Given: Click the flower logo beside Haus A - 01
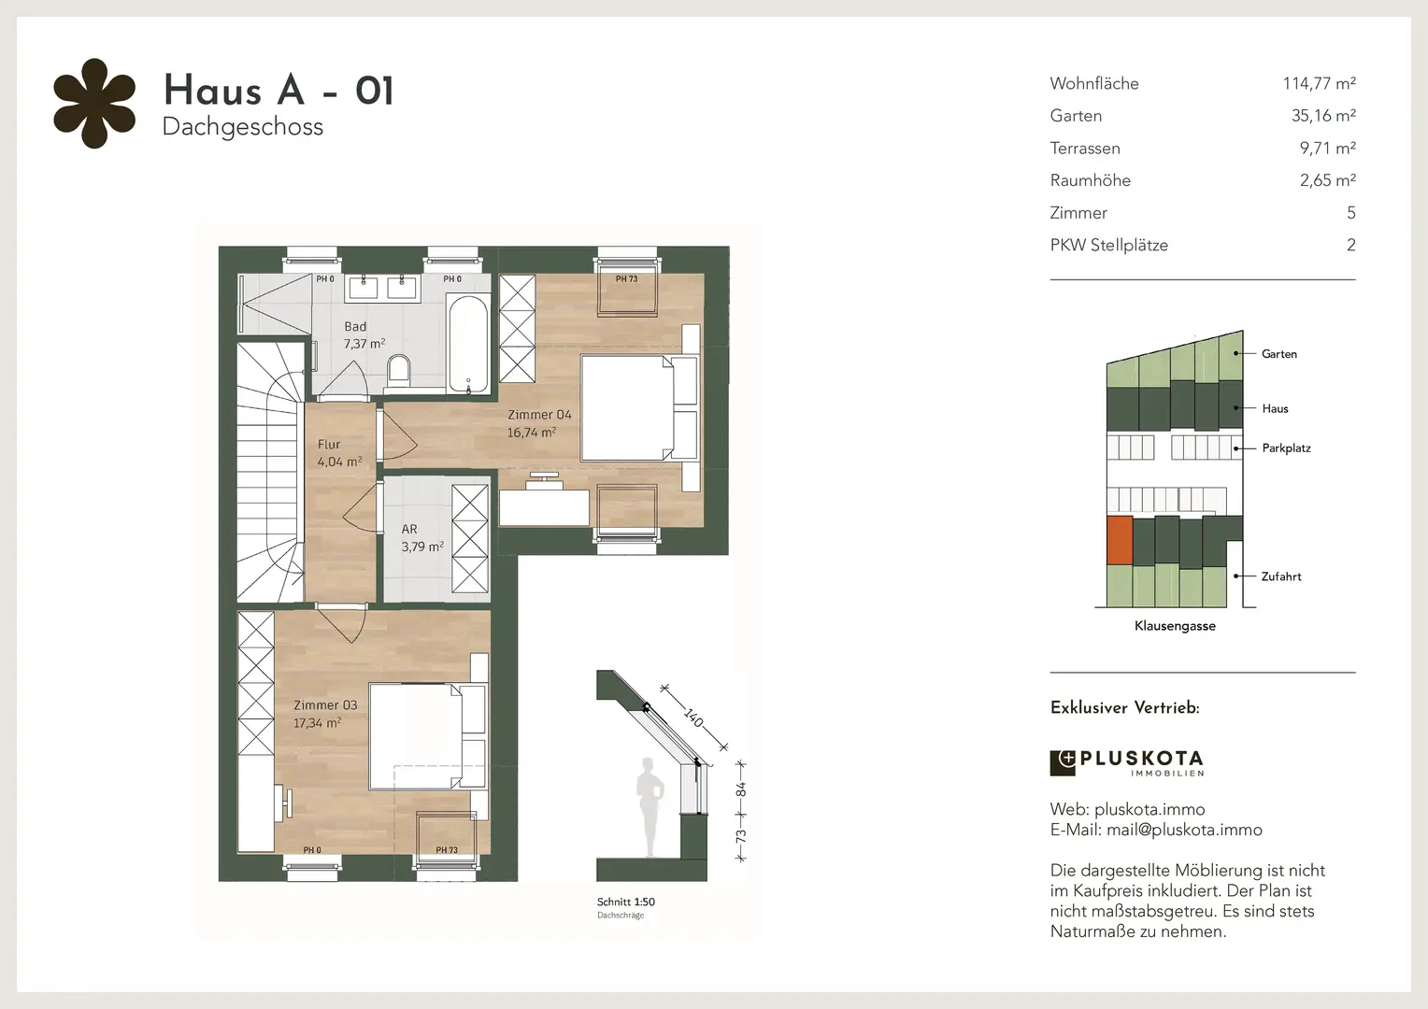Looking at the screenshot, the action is (x=94, y=104).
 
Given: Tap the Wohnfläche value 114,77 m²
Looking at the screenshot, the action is (x=1319, y=83).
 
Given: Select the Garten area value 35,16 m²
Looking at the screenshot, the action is (x=1323, y=115).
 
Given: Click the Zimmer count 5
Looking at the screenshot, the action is (x=1350, y=213).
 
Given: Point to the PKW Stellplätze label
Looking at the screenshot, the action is (x=1108, y=246).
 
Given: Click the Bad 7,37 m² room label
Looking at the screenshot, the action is (x=364, y=335).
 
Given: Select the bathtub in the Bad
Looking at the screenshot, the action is (x=468, y=344).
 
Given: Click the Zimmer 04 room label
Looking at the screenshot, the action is (x=539, y=423).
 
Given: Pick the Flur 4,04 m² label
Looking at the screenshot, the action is (x=340, y=452).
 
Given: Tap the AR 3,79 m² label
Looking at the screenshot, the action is (x=422, y=538).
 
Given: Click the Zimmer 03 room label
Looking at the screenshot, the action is (x=325, y=714).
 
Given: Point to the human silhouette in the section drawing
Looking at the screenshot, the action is (x=650, y=807).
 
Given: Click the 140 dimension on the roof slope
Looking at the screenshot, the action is (x=693, y=718).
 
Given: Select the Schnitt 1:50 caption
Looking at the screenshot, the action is (x=625, y=902).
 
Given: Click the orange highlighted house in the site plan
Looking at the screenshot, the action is (x=1120, y=541).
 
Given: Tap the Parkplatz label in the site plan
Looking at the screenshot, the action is (x=1286, y=448).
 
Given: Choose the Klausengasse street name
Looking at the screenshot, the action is (x=1175, y=626).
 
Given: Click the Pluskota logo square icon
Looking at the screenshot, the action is (x=1062, y=763).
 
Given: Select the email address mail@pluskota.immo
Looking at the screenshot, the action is (x=1184, y=830).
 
